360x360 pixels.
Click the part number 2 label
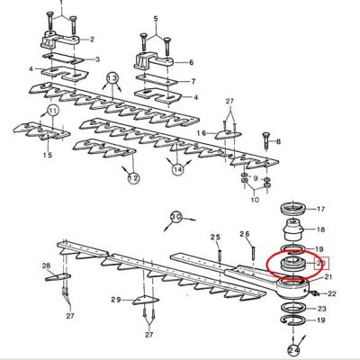92,40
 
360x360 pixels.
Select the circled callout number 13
112,78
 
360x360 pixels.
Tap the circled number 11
53,112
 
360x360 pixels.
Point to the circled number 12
133,178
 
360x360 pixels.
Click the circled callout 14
177,170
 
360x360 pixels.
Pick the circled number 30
176,217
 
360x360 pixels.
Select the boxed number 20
321,264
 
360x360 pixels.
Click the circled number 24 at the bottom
294,350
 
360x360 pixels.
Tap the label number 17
320,209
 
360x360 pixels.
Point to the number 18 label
320,229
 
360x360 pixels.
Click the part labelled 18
292,229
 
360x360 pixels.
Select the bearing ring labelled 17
292,208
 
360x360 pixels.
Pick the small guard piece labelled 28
58,277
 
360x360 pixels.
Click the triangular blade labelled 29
145,301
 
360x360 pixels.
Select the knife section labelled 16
228,134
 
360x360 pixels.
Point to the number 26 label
245,234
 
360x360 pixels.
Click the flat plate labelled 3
64,58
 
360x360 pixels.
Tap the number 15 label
48,155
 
